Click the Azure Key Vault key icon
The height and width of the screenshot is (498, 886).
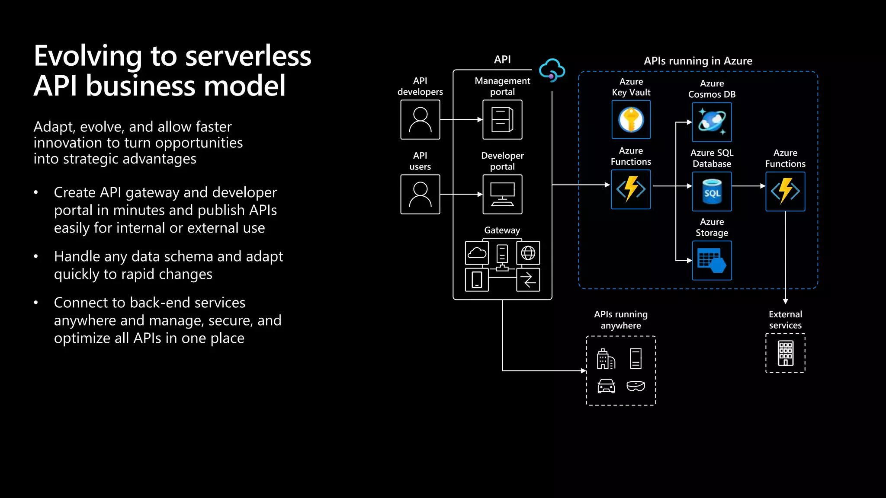click(631, 120)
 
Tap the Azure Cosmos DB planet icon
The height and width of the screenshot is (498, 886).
click(712, 122)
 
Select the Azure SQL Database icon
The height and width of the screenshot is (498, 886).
click(712, 192)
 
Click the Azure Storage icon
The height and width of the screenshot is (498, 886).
click(712, 261)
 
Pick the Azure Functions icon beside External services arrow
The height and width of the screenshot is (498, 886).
click(785, 192)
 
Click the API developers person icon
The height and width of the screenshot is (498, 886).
click(420, 120)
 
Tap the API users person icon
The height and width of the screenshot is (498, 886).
click(420, 195)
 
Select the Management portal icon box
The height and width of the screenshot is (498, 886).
click(502, 120)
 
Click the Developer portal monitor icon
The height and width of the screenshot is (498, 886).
click(502, 195)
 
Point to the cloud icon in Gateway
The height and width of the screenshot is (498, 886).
click(477, 253)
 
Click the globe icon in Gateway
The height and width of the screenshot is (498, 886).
click(528, 253)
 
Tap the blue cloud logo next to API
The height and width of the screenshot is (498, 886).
click(552, 70)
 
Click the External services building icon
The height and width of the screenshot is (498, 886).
click(785, 353)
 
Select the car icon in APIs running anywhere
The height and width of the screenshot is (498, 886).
click(606, 386)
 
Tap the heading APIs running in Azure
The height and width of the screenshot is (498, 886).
click(698, 61)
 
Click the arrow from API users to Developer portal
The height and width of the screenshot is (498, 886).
click(461, 195)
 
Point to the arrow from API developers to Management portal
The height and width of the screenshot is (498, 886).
click(461, 120)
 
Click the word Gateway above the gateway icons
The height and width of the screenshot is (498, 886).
click(502, 230)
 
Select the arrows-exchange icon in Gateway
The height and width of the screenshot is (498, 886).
click(528, 280)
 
